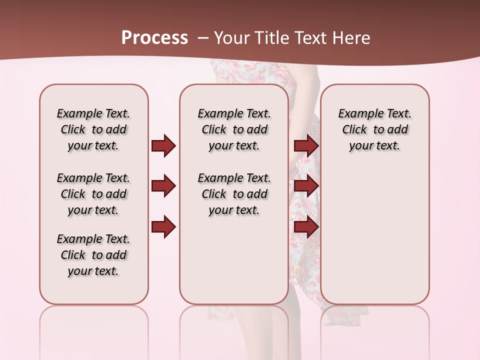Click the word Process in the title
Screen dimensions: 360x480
pyautogui.click(x=154, y=38)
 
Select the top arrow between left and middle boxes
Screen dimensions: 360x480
pyautogui.click(x=163, y=145)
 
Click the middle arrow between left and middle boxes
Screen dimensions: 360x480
pyautogui.click(x=163, y=186)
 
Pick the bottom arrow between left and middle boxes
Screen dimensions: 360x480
pyautogui.click(x=163, y=226)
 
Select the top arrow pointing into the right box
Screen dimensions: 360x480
pyautogui.click(x=306, y=145)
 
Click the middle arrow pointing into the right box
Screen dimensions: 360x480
pyautogui.click(x=306, y=186)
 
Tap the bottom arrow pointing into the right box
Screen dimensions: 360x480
pyautogui.click(x=306, y=226)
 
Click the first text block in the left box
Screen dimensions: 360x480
pyautogui.click(x=93, y=129)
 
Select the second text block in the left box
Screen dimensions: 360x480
pyautogui.click(x=93, y=194)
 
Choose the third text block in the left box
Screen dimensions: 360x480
pyautogui.click(x=93, y=255)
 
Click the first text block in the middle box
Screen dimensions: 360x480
pyautogui.click(x=234, y=129)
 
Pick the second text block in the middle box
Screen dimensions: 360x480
pyautogui.click(x=234, y=194)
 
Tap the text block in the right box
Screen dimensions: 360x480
pyautogui.click(x=375, y=129)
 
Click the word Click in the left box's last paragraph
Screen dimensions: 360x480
pyautogui.click(x=73, y=255)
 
